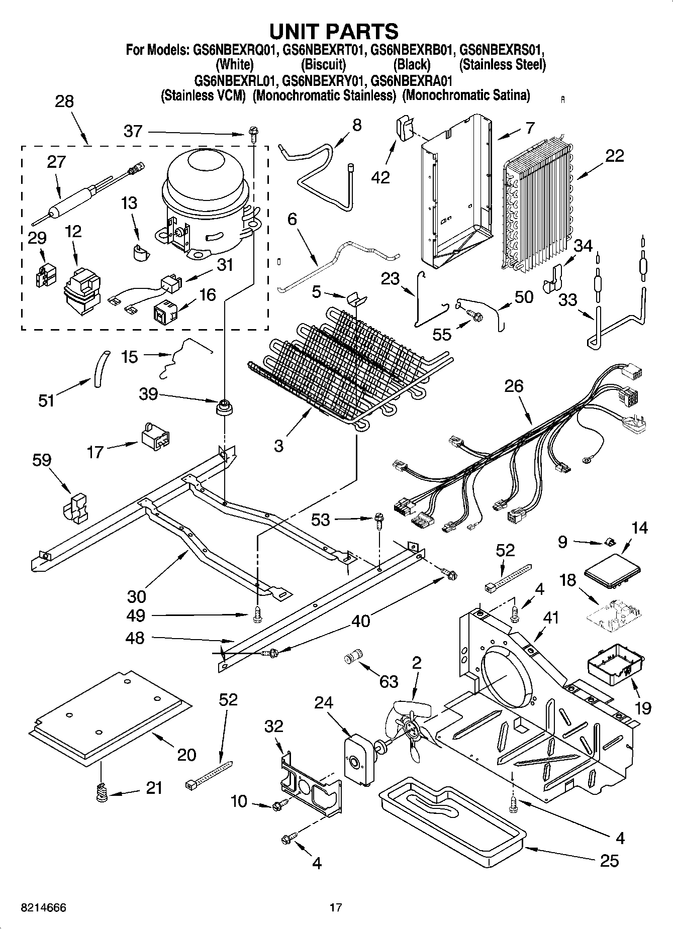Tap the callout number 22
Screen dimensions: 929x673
(614, 156)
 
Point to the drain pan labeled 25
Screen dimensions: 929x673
(452, 819)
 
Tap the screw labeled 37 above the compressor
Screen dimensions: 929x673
(252, 133)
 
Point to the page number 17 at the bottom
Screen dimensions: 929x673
(336, 908)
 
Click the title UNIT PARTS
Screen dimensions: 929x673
(334, 31)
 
